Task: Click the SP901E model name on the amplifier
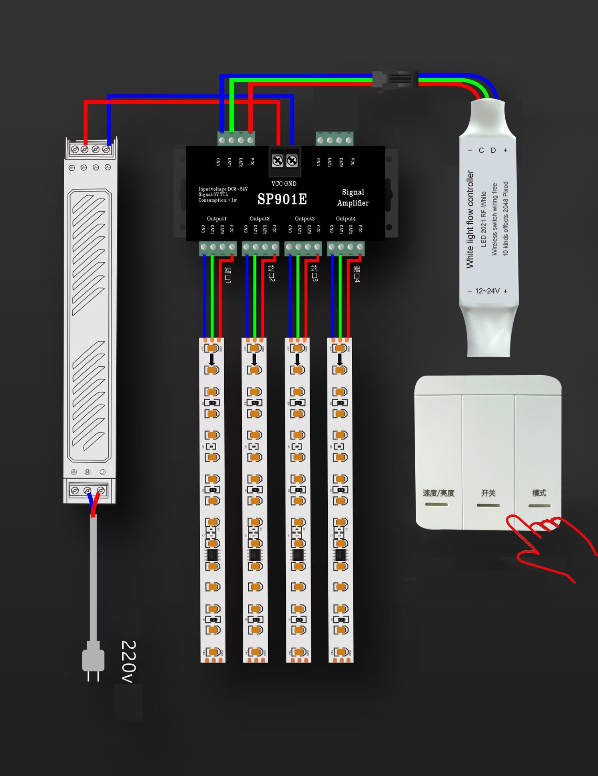point(282,199)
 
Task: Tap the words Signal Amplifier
point(353,198)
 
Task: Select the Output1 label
point(217,218)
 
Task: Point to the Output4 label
point(346,218)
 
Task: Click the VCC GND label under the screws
point(284,184)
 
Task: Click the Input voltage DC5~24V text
point(223,189)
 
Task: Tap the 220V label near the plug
point(128,662)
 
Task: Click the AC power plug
point(93,660)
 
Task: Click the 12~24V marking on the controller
point(487,291)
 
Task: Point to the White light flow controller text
point(470,219)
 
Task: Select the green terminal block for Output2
point(260,248)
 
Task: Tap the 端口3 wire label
point(315,273)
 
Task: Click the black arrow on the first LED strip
point(212,359)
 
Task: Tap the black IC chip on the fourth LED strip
point(341,555)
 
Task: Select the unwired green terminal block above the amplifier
point(335,139)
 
